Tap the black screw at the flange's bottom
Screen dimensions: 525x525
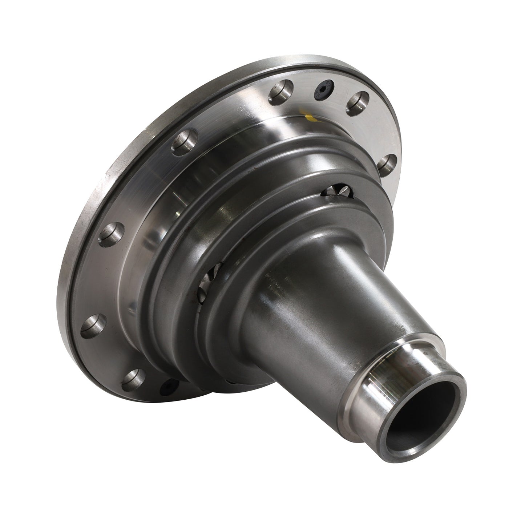pyautogui.click(x=168, y=385)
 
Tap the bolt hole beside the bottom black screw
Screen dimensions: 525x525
pyautogui.click(x=134, y=378)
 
